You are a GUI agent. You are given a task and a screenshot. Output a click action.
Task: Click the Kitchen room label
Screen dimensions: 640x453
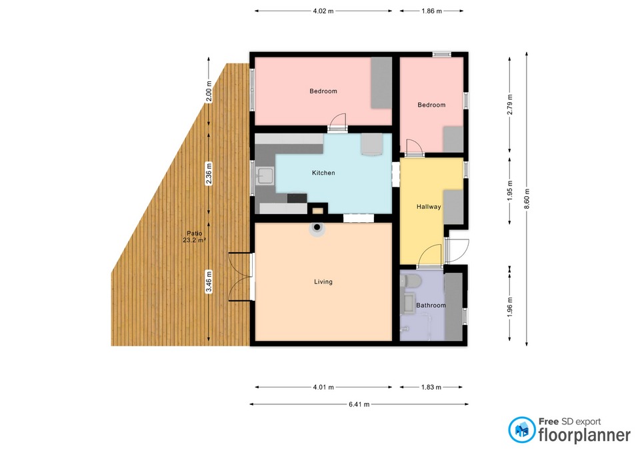click(x=323, y=173)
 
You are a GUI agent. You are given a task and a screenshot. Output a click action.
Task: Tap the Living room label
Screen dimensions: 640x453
click(x=323, y=282)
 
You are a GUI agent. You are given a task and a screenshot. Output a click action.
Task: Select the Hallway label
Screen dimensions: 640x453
click(x=429, y=207)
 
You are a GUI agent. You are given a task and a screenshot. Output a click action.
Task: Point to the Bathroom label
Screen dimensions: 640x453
click(x=431, y=305)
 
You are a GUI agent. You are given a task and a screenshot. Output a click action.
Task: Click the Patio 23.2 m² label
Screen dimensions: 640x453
click(x=194, y=237)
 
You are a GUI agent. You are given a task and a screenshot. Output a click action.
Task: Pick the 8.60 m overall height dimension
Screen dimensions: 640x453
click(x=527, y=199)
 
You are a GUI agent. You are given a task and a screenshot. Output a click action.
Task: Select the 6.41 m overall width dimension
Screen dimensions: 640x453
click(x=359, y=404)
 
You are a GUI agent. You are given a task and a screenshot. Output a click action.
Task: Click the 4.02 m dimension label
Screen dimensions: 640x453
click(x=323, y=11)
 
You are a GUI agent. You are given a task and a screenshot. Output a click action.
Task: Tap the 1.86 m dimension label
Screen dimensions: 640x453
click(x=432, y=11)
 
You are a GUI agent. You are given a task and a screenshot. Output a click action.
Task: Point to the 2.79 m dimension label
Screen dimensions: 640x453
click(x=510, y=105)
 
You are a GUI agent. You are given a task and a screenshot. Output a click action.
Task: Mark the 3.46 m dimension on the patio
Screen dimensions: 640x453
click(x=209, y=282)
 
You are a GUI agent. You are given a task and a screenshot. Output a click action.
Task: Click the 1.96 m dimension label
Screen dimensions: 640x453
click(x=510, y=304)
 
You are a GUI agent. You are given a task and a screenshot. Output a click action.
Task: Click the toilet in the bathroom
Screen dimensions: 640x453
click(x=410, y=280)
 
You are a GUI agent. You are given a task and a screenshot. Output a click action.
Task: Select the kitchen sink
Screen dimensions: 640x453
click(x=265, y=176)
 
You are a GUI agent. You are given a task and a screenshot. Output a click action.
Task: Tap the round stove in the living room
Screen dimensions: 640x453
click(x=317, y=229)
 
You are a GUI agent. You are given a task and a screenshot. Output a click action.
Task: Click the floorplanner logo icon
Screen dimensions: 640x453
click(x=521, y=430)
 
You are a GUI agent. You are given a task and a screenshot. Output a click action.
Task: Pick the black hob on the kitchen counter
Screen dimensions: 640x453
click(x=297, y=199)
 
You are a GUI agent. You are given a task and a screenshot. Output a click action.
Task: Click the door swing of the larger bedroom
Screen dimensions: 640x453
click(x=338, y=121)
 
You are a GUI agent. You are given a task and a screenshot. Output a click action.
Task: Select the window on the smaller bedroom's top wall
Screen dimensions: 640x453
click(x=441, y=54)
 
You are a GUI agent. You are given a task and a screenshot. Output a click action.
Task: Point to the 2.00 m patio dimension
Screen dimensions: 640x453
click(x=209, y=95)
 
